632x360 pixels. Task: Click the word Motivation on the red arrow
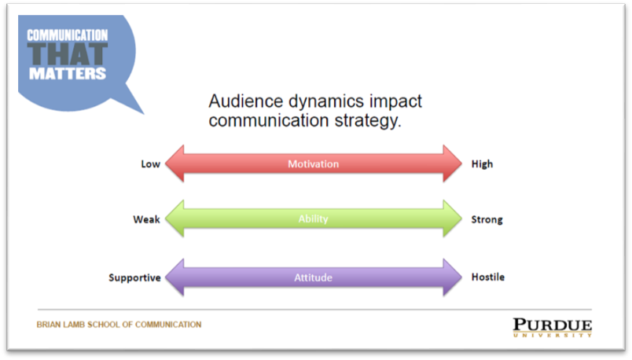point(313,164)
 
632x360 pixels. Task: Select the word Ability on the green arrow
point(313,219)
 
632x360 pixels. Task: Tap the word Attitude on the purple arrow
point(313,277)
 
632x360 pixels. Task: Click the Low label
point(150,164)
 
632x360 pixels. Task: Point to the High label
point(482,164)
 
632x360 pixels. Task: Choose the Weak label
point(146,219)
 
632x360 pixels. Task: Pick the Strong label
point(487,220)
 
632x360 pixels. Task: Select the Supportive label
point(134,277)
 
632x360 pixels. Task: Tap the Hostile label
point(487,277)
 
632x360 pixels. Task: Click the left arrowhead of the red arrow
point(175,163)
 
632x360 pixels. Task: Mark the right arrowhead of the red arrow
point(453,163)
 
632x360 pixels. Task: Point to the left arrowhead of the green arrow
point(175,218)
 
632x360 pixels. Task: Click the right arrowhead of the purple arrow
point(453,277)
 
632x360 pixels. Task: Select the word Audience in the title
point(246,101)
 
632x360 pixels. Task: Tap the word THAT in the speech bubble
point(68,54)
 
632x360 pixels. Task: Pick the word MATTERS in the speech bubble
point(68,73)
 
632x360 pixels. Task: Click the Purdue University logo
point(552,327)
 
